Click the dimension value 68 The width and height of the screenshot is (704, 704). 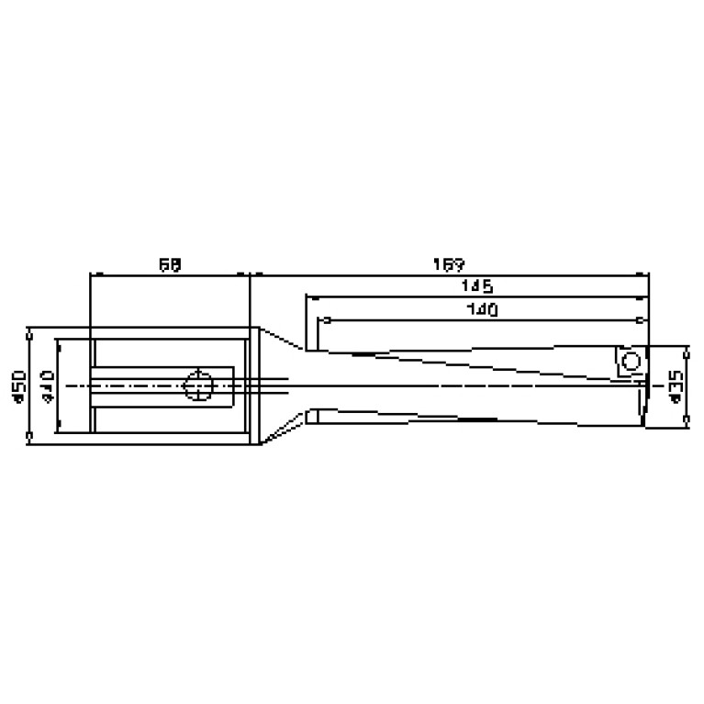tap(169, 264)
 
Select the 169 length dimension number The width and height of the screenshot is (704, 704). tap(448, 264)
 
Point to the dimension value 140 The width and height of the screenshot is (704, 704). tap(481, 310)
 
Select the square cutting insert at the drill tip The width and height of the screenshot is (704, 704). tap(630, 362)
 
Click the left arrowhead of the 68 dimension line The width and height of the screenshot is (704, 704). tap(92, 274)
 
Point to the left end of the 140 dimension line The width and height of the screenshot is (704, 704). tap(322, 320)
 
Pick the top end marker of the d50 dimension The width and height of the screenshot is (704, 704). tap(29, 328)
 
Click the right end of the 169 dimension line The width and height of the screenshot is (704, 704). tap(647, 274)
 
